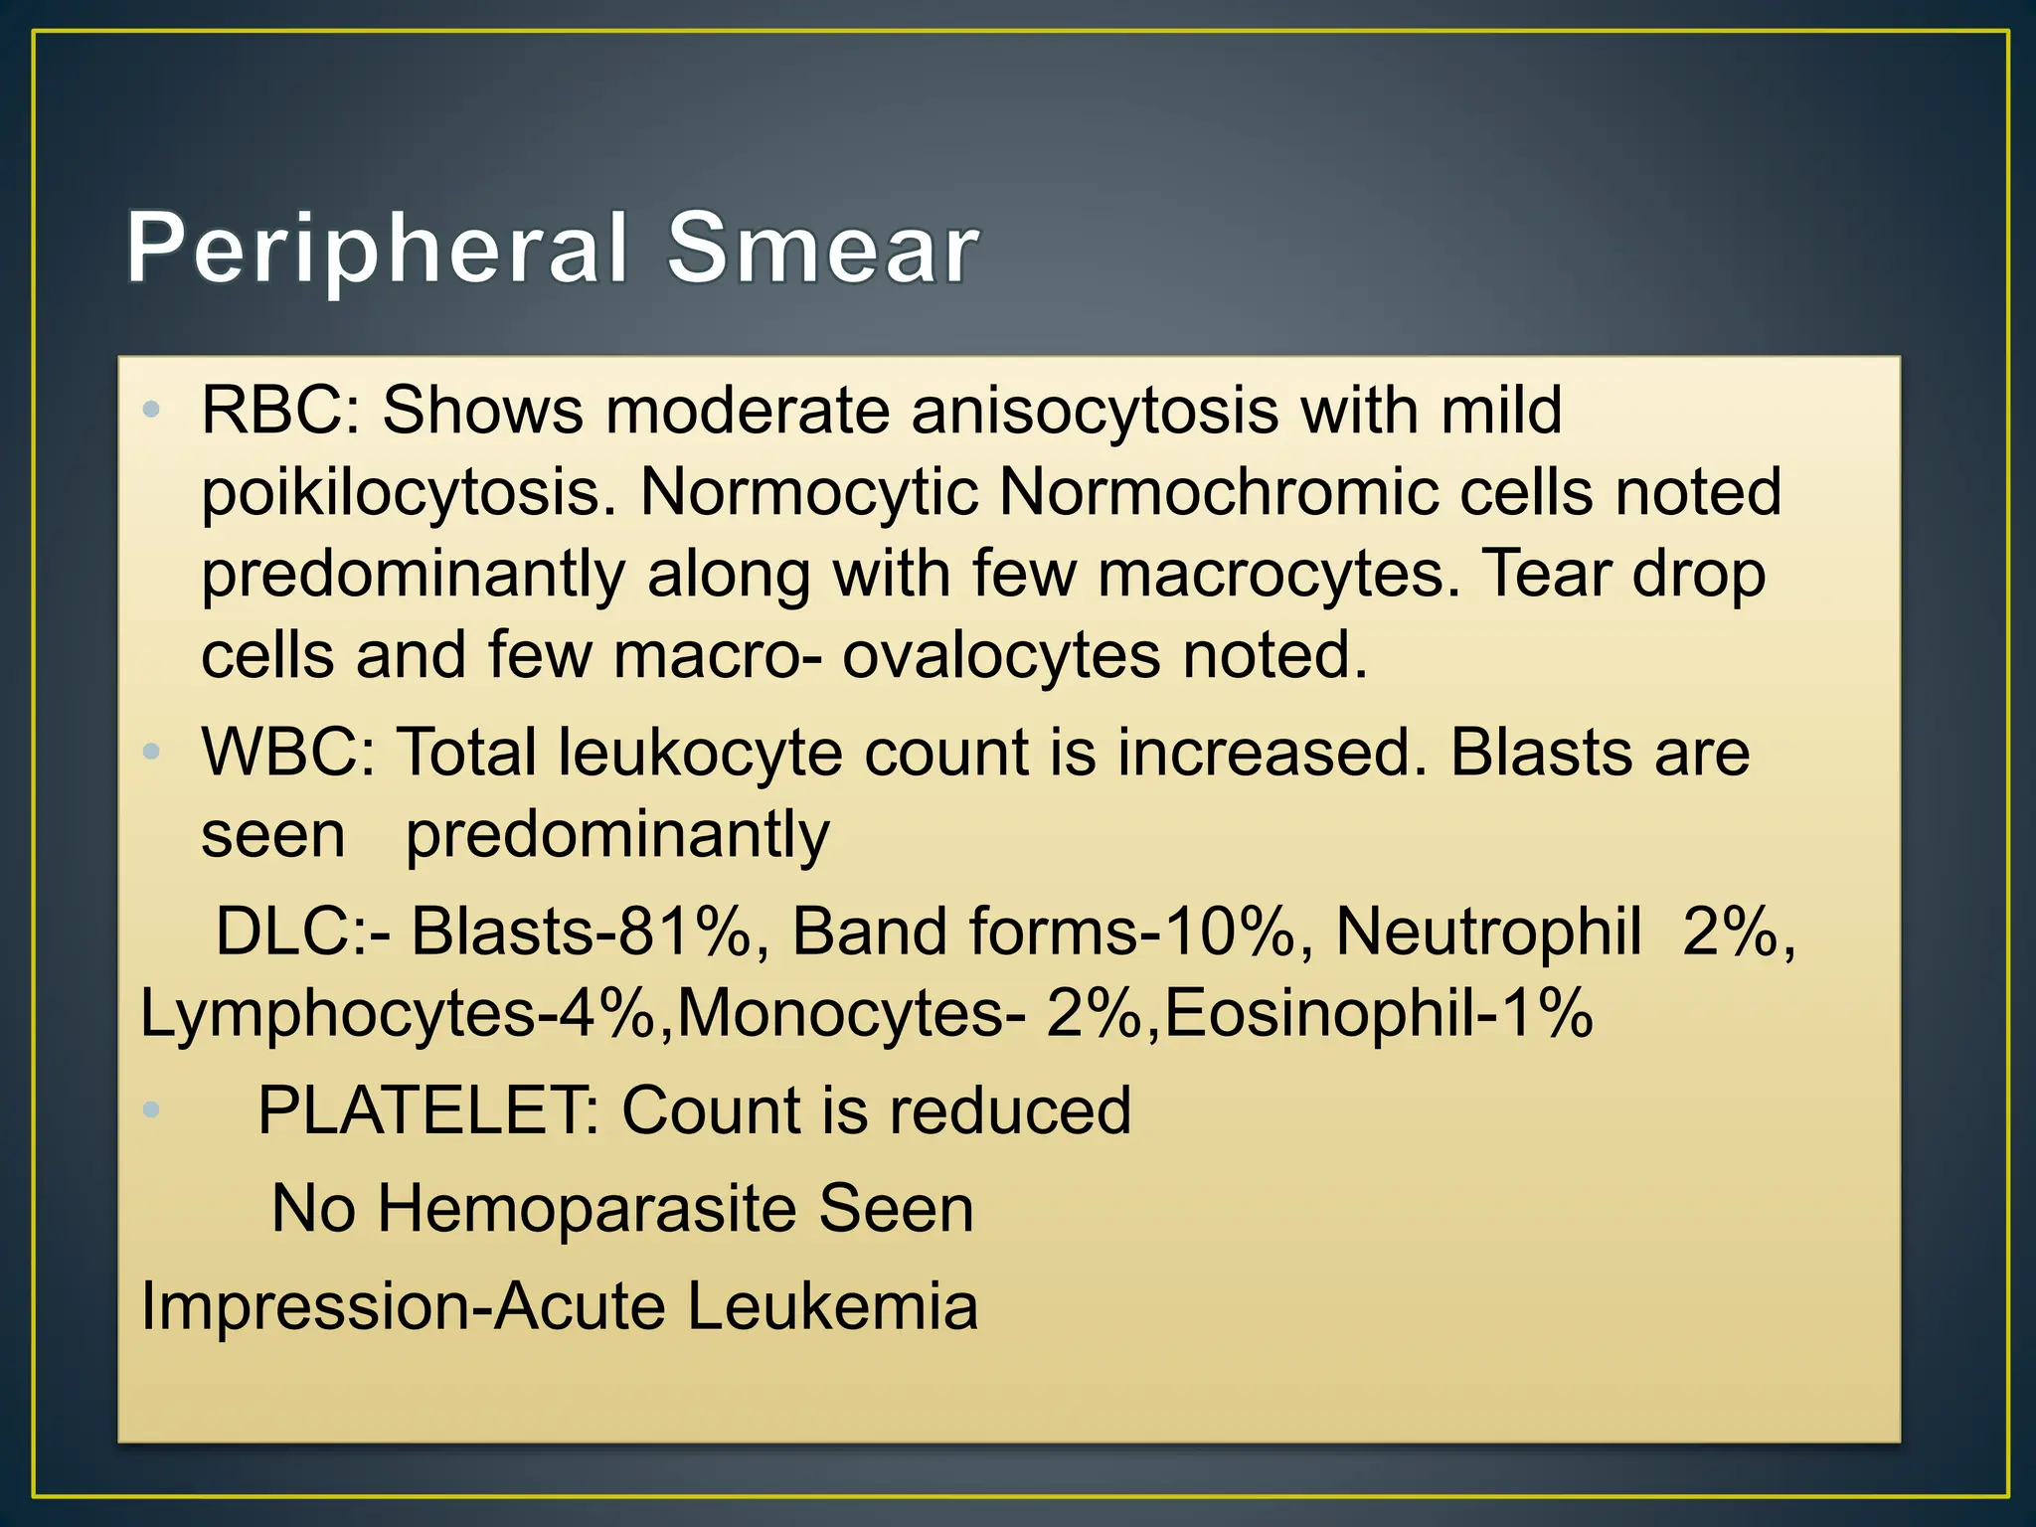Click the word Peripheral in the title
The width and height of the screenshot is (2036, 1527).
click(377, 250)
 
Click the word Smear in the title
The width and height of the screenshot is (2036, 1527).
click(823, 250)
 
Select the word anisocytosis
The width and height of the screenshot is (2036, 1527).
click(1095, 411)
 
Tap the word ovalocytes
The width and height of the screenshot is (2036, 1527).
click(1001, 656)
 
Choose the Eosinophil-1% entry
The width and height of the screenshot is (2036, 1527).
click(1378, 1015)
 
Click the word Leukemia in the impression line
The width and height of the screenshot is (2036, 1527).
click(832, 1306)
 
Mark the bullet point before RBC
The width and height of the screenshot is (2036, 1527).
click(151, 410)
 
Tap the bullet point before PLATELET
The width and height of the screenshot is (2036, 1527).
click(151, 1109)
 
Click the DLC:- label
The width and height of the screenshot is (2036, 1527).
click(303, 933)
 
